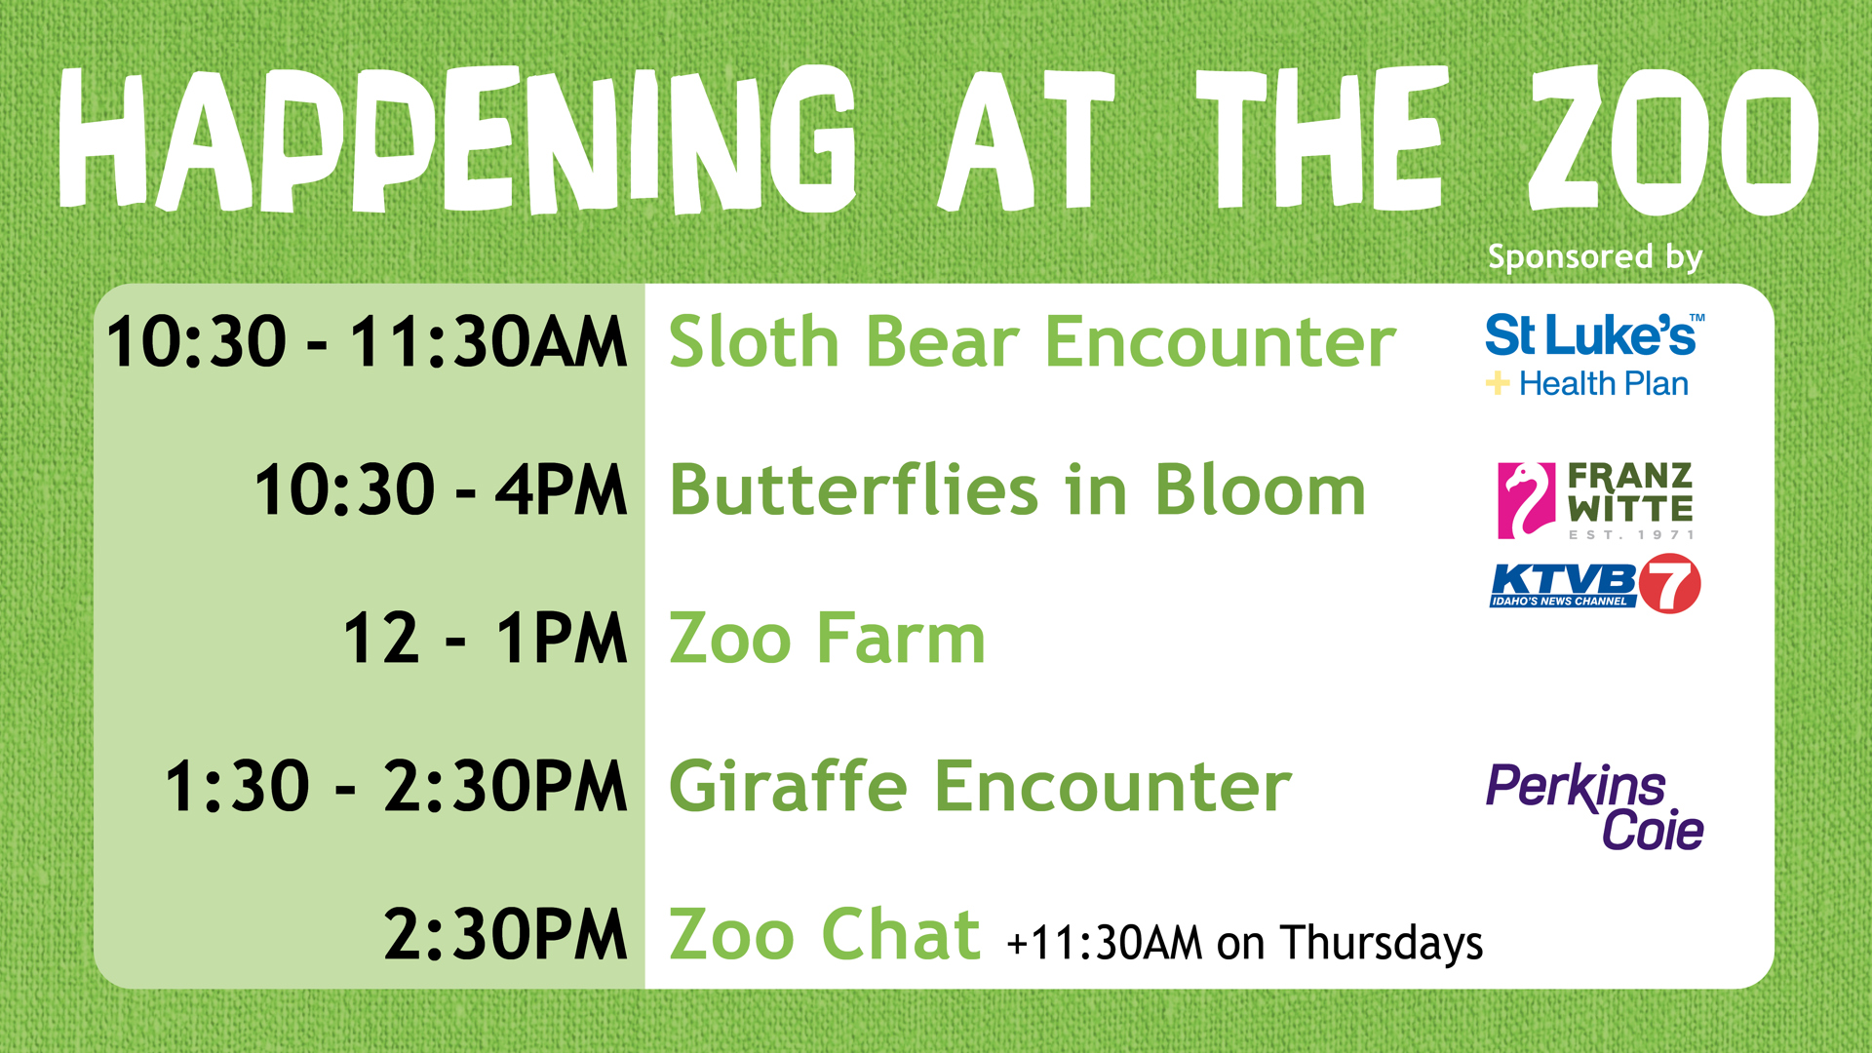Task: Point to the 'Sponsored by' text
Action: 1595,257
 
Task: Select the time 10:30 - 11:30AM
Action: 367,342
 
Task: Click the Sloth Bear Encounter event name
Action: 1033,342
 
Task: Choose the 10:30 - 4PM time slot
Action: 441,489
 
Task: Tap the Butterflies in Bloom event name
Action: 1018,489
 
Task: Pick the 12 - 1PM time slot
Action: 486,639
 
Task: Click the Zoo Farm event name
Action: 828,639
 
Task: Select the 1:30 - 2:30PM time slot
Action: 396,786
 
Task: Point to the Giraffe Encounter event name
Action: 980,786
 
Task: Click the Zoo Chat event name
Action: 825,934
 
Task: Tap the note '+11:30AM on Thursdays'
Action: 1245,943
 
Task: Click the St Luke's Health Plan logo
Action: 1595,356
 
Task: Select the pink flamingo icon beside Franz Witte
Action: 1526,500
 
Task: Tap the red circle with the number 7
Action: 1669,583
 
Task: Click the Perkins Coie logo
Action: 1595,807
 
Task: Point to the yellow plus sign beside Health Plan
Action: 1498,383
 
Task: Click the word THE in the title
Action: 1319,139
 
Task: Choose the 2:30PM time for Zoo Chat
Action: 505,934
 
